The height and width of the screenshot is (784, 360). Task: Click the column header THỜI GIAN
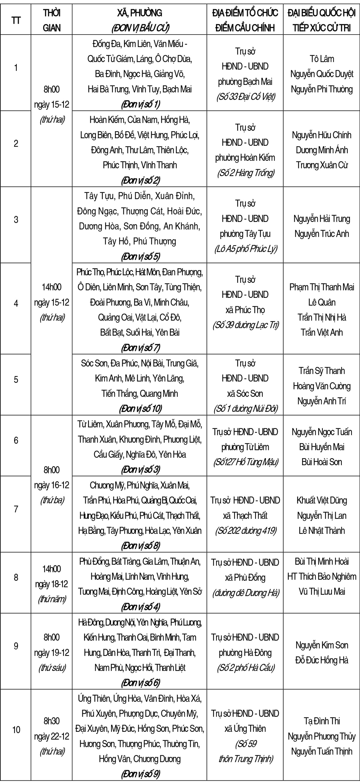pos(51,20)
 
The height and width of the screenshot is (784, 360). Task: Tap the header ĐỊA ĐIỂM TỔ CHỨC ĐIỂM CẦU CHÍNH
pos(245,20)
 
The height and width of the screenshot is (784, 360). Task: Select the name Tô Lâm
pos(322,59)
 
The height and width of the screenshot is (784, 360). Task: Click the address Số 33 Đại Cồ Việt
pos(245,97)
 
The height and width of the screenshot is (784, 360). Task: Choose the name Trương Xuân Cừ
pos(322,165)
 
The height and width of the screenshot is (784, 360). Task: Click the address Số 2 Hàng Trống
pos(245,173)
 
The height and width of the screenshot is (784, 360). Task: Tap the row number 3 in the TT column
pos(16,220)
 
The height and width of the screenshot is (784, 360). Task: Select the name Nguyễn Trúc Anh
pos(322,234)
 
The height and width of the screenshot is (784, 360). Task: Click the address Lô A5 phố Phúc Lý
pos(245,249)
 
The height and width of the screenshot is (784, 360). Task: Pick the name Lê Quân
pos(322,302)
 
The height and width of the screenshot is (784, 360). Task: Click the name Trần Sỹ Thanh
pos(322,371)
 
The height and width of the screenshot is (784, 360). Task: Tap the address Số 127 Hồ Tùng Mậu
pos(245,462)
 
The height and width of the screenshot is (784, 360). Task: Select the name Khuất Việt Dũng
pos(322,500)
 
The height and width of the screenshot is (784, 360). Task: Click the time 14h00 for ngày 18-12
pos(51,569)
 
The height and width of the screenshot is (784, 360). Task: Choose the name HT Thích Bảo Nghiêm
pos(322,576)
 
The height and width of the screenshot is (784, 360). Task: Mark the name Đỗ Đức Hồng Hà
pos(322,660)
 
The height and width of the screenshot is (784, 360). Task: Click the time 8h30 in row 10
pos(51,721)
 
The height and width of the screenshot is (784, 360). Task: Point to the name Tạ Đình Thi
pos(322,721)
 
